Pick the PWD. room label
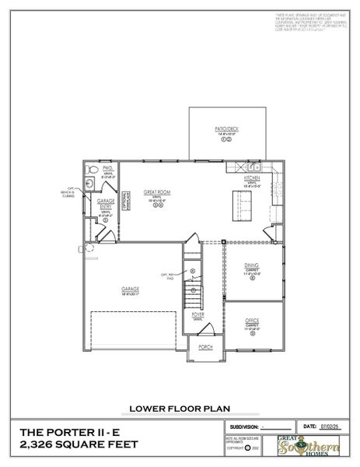[107, 167]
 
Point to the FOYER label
[198, 314]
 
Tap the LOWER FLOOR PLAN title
[180, 406]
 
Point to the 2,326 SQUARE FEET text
[78, 444]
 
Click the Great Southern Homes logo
[317, 448]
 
